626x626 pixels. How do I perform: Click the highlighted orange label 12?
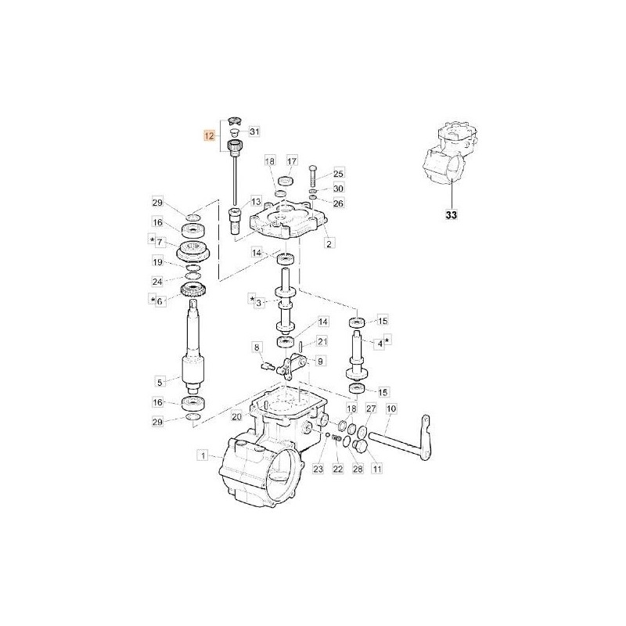[x=208, y=135]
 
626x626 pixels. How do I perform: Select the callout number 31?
[x=254, y=131]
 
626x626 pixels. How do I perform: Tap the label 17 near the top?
[x=292, y=160]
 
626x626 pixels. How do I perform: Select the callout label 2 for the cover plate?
[x=329, y=244]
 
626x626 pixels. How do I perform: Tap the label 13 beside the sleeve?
[x=255, y=202]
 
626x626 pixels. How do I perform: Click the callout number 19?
[x=157, y=263]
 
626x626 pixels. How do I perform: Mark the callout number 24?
[x=157, y=281]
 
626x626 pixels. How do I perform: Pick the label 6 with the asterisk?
[x=160, y=300]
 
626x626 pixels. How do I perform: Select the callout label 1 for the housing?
[x=202, y=455]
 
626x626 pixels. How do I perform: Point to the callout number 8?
[x=255, y=347]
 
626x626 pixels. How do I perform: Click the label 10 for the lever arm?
[x=391, y=409]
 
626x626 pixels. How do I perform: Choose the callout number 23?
[x=317, y=469]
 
